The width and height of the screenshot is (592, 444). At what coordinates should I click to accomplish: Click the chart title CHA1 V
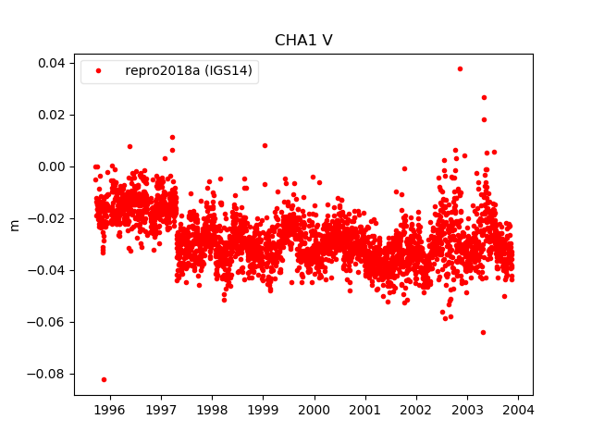pos(303,41)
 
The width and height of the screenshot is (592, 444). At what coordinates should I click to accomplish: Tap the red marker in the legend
pos(98,70)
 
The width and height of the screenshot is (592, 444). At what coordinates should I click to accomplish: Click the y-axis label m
pos(14,225)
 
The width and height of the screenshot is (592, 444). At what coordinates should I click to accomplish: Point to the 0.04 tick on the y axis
pos(51,63)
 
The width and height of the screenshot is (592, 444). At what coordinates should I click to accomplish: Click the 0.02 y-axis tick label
pos(51,115)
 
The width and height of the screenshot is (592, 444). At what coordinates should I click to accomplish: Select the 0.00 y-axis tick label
pos(51,166)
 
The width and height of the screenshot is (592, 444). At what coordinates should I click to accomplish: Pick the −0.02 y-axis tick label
pos(47,218)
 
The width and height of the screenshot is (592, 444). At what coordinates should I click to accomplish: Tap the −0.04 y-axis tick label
pos(47,270)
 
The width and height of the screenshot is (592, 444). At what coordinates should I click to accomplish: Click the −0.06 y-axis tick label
pos(47,322)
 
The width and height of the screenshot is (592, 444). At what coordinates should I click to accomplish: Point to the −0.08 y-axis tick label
pos(47,374)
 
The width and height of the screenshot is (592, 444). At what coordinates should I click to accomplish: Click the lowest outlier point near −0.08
pos(104,379)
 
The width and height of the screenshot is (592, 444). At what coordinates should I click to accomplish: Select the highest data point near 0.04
pos(460,68)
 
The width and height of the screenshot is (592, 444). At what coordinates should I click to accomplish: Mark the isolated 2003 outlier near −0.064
pos(483,332)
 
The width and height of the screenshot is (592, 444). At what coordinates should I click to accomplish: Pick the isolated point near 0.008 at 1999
pos(265,145)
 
